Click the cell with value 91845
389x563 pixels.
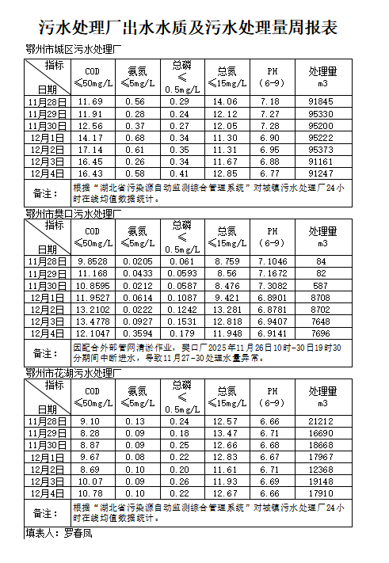[321, 102]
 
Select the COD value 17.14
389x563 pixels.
[90, 150]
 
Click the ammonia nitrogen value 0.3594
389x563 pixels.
[138, 333]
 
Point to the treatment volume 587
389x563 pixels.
[321, 285]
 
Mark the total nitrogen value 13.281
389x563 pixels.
[227, 309]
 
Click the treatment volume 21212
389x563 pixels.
[321, 421]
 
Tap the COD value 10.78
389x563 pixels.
[90, 493]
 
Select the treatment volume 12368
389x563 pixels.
[321, 469]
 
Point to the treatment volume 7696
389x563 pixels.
[321, 333]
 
